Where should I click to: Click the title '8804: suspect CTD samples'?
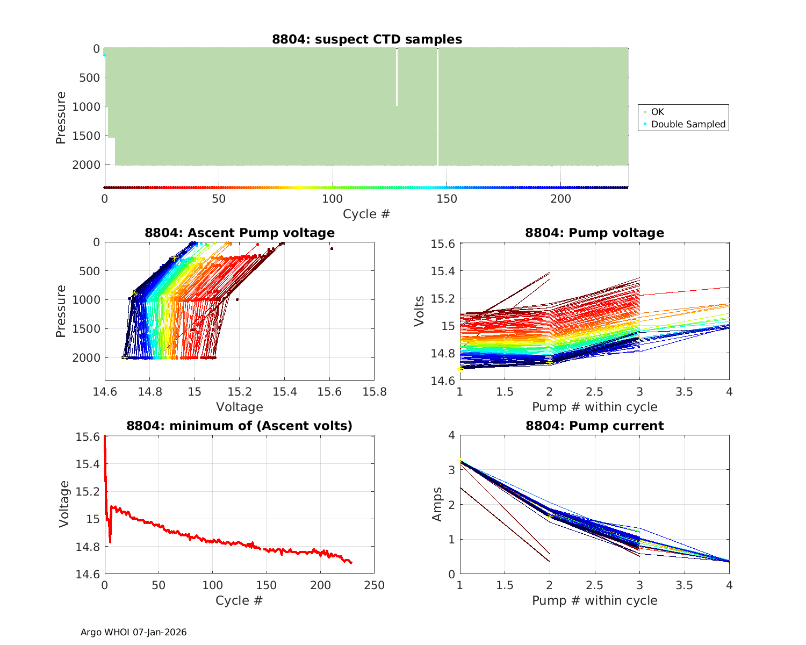(367, 39)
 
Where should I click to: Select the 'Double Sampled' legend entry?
(688, 124)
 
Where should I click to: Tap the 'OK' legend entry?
(657, 112)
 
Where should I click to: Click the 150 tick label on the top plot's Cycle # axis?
(447, 199)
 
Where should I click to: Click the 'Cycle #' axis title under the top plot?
(366, 214)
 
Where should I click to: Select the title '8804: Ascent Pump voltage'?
(240, 233)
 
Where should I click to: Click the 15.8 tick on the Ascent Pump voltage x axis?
(374, 392)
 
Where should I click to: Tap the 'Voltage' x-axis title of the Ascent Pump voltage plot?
(240, 407)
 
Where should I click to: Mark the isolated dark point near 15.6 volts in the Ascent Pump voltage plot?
(332, 248)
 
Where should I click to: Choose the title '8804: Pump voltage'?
(594, 233)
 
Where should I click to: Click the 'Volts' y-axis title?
(420, 311)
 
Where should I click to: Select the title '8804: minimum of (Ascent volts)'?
(240, 426)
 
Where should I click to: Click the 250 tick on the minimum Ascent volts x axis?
(374, 585)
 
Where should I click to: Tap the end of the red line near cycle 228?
(351, 562)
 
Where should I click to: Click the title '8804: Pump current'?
(594, 426)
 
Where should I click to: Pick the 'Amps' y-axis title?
(437, 504)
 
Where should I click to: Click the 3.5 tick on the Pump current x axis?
(684, 585)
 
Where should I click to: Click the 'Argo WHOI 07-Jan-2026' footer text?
(134, 632)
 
